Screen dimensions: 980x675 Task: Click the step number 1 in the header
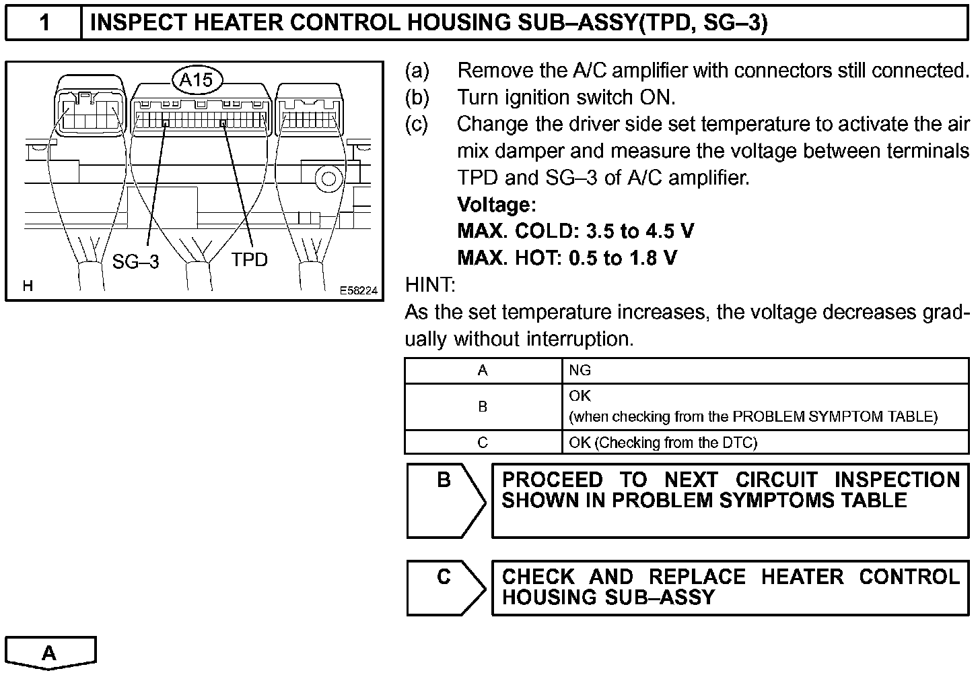(44, 23)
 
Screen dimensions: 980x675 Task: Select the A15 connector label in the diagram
(197, 80)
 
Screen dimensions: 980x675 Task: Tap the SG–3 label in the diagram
(135, 261)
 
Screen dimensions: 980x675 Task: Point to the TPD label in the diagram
(249, 259)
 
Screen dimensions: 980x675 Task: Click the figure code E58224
(358, 290)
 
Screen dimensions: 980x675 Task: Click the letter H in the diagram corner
(28, 286)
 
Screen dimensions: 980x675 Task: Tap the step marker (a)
(417, 70)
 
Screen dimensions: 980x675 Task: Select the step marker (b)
(417, 97)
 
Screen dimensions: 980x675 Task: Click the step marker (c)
(417, 124)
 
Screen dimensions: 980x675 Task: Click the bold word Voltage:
(496, 204)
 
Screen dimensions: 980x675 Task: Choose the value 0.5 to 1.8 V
(623, 257)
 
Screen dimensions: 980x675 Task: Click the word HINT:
(430, 285)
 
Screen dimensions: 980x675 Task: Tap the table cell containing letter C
(483, 443)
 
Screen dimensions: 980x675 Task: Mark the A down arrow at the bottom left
(50, 653)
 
